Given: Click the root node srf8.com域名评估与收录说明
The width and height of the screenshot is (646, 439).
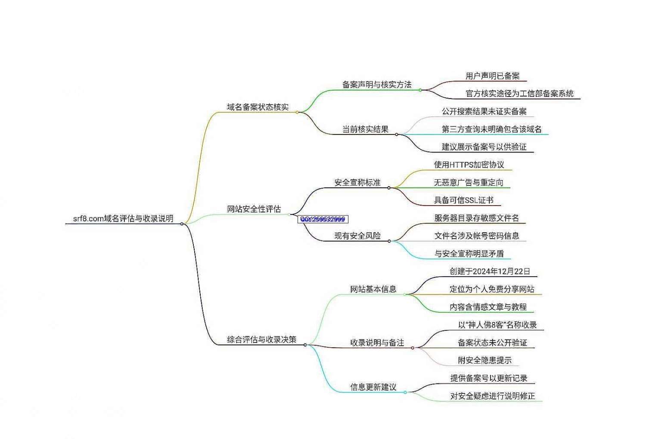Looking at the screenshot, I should click(123, 218).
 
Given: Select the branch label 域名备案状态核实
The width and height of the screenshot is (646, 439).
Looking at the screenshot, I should click(258, 107).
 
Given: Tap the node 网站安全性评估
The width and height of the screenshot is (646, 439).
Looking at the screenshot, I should click(254, 209).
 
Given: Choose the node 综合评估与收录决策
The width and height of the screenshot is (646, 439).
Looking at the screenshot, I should click(261, 339).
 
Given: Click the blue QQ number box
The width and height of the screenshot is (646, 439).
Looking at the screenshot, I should click(323, 219).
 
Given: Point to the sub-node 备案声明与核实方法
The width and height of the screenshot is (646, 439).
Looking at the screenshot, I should click(377, 84).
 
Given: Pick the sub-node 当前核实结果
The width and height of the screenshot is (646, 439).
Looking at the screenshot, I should click(365, 129).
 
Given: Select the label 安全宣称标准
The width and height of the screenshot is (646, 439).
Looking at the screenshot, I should click(357, 182).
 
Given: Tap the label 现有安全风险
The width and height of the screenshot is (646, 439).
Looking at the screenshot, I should click(357, 236).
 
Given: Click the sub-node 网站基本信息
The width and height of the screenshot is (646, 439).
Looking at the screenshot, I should click(373, 289).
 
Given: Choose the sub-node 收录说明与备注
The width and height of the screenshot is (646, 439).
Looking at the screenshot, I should click(377, 342).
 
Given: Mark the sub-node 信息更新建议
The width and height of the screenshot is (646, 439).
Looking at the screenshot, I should click(373, 387).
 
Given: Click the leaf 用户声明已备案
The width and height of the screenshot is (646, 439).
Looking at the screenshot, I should click(492, 76).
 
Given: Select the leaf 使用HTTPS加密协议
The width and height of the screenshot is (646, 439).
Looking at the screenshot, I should click(469, 165).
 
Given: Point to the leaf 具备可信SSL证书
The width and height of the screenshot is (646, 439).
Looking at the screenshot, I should click(463, 200).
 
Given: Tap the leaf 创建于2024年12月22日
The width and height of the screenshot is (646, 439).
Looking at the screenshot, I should click(490, 271).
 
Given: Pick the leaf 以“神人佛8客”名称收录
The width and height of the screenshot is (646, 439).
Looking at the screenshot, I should click(497, 325).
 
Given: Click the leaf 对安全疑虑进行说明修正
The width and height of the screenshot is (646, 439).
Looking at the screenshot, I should click(492, 395).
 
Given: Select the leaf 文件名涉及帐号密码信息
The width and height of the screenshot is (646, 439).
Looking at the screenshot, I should click(476, 236).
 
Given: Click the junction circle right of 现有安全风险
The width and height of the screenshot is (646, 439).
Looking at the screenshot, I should click(389, 241).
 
